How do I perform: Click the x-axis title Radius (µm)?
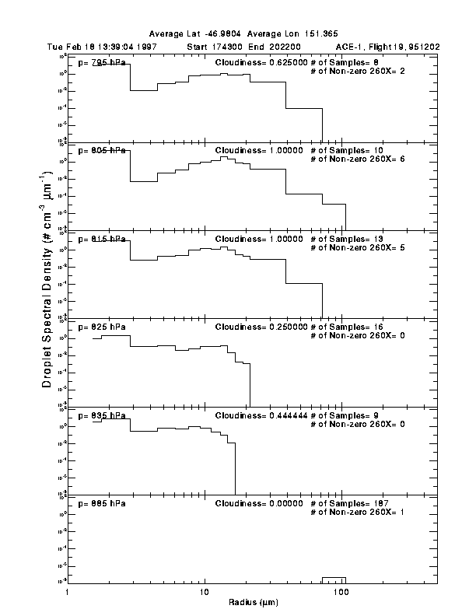coord(253,602)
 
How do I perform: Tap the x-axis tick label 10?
coord(205,593)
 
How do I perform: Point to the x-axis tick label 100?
coord(341,593)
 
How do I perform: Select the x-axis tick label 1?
coord(68,593)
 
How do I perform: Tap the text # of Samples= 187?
coord(345,503)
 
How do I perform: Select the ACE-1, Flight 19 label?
coord(373,47)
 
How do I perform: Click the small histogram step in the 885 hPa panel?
coord(334,579)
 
